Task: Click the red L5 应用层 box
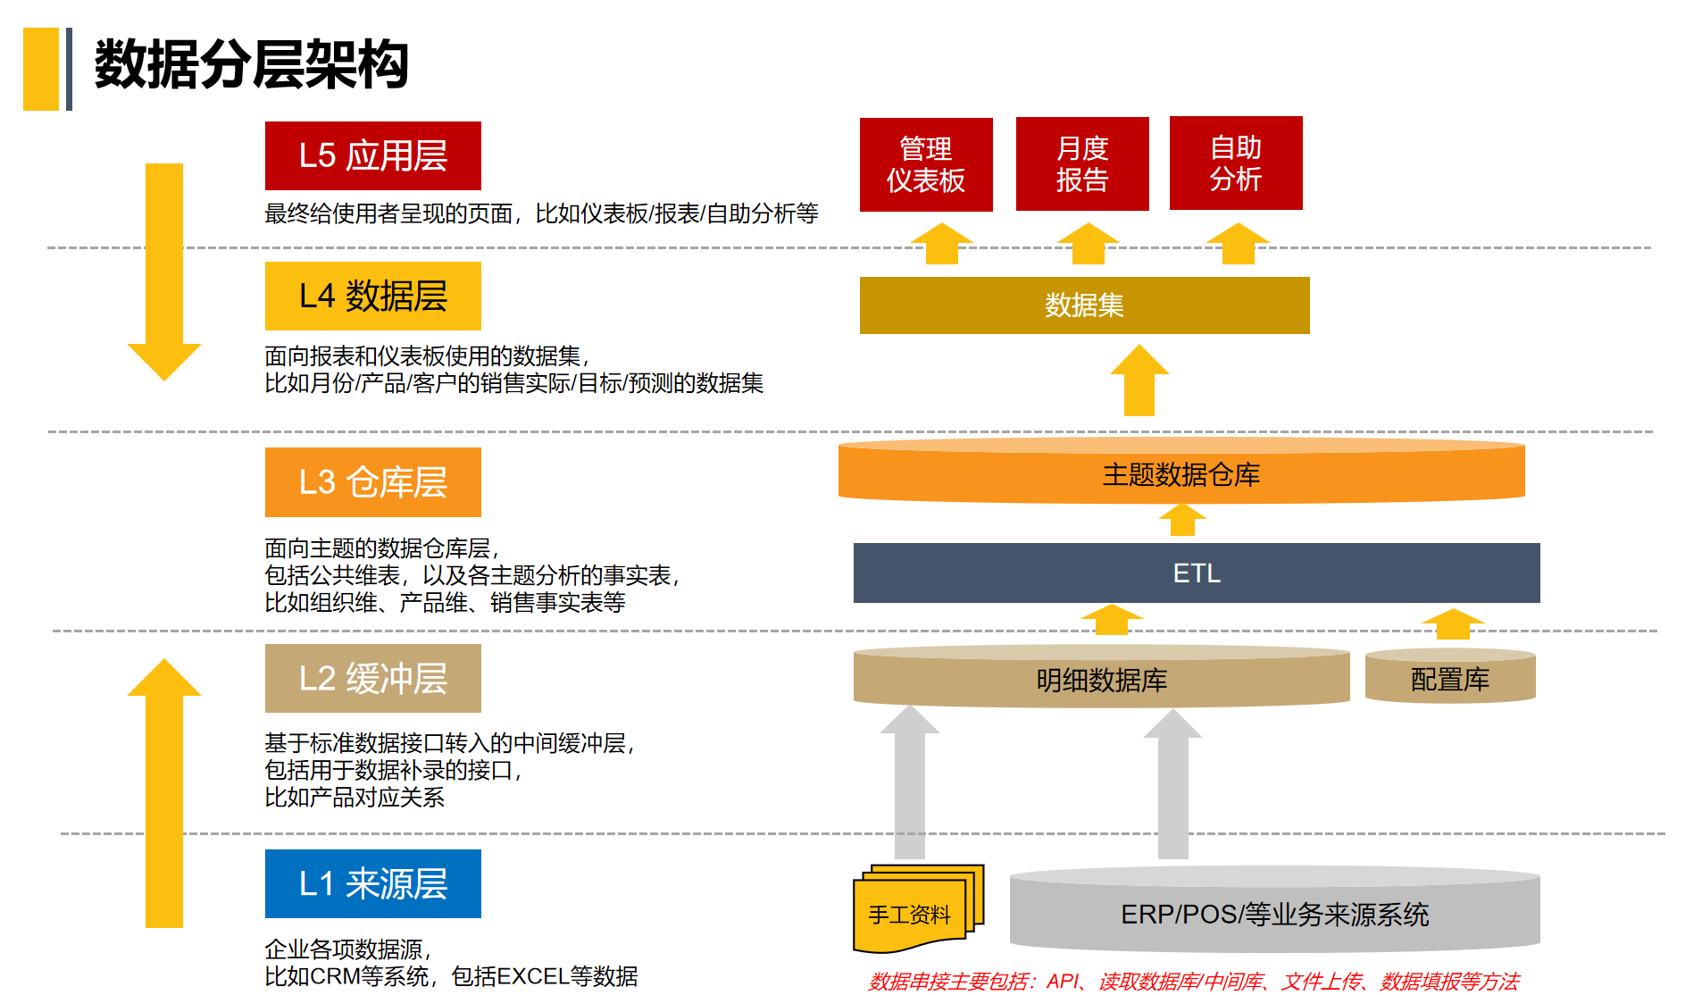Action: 372,155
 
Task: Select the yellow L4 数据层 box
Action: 372,296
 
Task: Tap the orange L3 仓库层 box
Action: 372,482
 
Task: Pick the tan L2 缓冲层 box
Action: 372,679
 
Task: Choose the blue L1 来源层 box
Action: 372,883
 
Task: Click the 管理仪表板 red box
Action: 926,164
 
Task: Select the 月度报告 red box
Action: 1082,164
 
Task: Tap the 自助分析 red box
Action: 1236,163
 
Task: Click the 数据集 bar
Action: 1084,305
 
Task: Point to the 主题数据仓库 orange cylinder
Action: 1181,473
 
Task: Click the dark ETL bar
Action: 1197,573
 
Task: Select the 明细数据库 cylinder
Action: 1101,680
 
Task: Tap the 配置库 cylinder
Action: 1450,679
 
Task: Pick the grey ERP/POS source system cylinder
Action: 1274,913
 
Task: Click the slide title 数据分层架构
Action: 251,65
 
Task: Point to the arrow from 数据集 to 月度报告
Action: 1088,244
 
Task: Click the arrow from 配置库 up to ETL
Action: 1453,623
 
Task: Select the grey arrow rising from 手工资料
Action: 909,782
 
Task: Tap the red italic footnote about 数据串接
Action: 1193,982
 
